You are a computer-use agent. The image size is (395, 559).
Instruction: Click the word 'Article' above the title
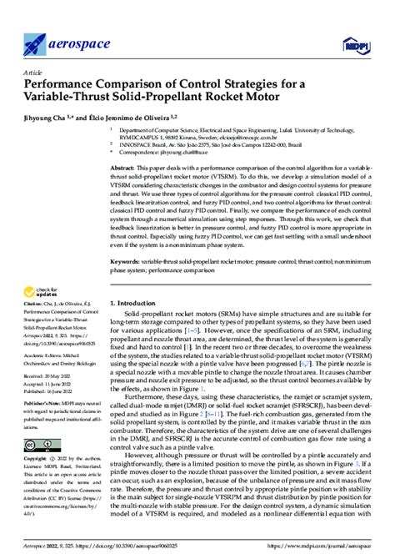(34, 73)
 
